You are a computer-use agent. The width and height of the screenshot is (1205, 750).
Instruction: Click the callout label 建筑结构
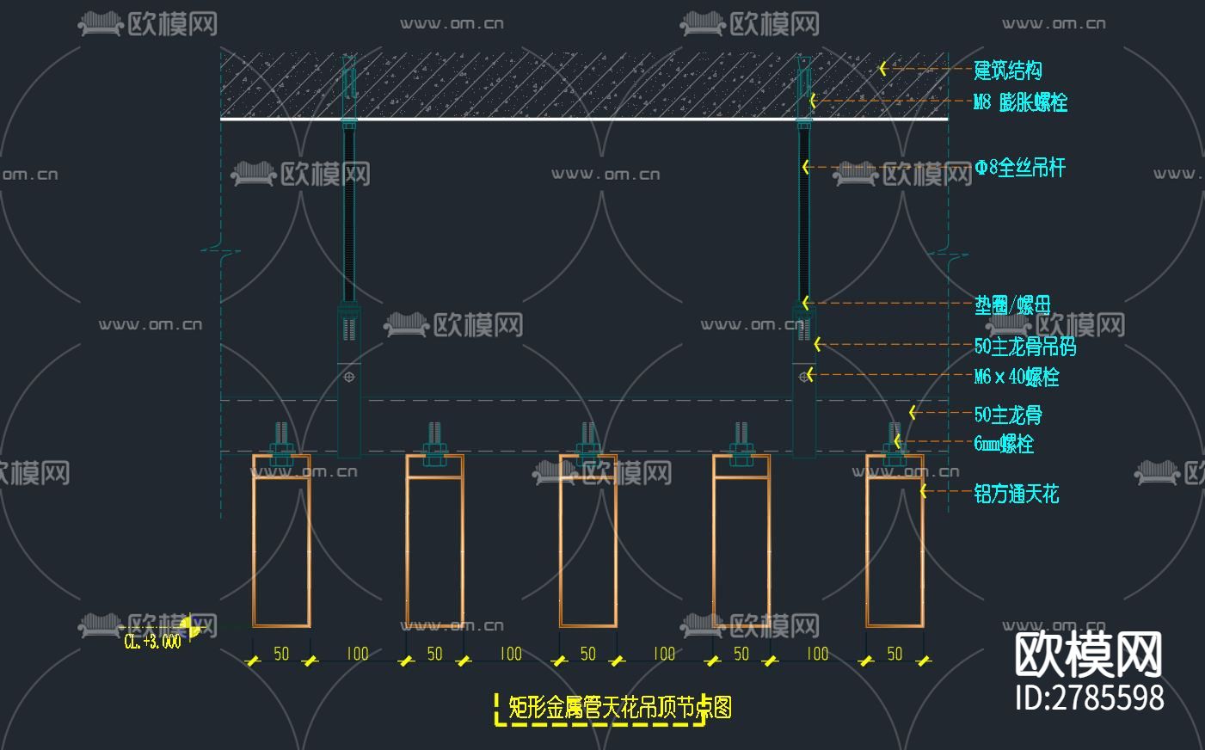(x=1007, y=70)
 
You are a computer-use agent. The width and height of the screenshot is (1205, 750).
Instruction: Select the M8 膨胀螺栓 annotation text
(x=1020, y=102)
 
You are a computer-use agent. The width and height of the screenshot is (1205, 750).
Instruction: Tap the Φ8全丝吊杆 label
(x=1020, y=168)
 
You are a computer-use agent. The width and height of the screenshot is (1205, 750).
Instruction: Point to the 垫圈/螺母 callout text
(x=1012, y=304)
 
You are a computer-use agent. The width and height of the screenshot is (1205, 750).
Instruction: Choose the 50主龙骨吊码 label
(x=1024, y=347)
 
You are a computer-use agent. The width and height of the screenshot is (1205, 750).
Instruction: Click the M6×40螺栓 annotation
(x=1016, y=377)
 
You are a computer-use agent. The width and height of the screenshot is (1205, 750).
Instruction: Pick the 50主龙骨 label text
(x=1007, y=415)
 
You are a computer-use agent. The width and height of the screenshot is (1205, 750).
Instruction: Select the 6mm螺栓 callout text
(x=1003, y=444)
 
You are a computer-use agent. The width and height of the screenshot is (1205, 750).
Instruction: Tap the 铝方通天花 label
(x=1016, y=494)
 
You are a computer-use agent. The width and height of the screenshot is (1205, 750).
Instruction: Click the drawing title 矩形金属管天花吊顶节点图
(x=619, y=708)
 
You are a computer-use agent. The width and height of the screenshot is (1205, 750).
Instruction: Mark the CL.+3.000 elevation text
(x=152, y=642)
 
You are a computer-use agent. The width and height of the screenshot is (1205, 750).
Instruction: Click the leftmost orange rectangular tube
(x=281, y=550)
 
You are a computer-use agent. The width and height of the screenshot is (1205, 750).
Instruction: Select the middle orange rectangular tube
(x=587, y=550)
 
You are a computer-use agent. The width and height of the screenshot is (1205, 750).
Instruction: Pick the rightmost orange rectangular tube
(x=895, y=550)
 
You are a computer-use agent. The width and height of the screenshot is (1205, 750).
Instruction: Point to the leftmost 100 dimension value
(x=357, y=654)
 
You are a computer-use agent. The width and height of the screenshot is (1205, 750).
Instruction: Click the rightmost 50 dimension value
(x=895, y=654)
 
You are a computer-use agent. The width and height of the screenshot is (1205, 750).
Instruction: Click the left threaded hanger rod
(x=348, y=215)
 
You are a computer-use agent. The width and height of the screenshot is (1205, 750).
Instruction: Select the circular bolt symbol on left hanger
(x=348, y=377)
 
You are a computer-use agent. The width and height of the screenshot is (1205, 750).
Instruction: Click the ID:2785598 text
(x=1090, y=697)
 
